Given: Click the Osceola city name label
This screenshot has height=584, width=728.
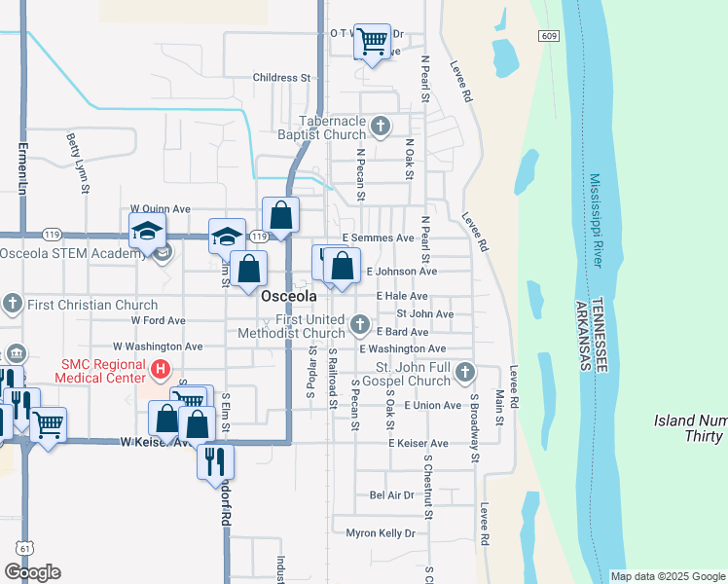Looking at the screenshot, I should [x=289, y=295].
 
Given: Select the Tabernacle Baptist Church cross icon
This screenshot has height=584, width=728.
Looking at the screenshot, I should [x=381, y=126].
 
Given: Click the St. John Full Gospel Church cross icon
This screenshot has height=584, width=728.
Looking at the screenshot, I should [x=465, y=371].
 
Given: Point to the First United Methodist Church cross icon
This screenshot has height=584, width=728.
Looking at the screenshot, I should [x=360, y=323].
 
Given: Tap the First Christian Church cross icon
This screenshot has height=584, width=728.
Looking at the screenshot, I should [x=13, y=304].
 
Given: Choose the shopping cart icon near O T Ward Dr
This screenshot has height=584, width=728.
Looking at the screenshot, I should [x=372, y=41].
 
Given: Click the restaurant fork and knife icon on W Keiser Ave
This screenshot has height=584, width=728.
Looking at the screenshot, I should [x=215, y=460].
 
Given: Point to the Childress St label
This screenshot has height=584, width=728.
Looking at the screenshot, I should [x=280, y=78].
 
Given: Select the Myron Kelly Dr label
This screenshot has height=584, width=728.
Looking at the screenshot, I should [x=381, y=533].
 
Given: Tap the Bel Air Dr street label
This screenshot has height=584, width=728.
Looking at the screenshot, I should [x=392, y=495].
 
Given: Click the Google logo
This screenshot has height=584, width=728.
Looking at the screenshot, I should [x=32, y=572].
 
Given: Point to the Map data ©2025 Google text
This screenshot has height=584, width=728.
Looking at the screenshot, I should [x=667, y=576].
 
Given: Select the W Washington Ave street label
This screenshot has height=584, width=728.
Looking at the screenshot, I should [x=158, y=346].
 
